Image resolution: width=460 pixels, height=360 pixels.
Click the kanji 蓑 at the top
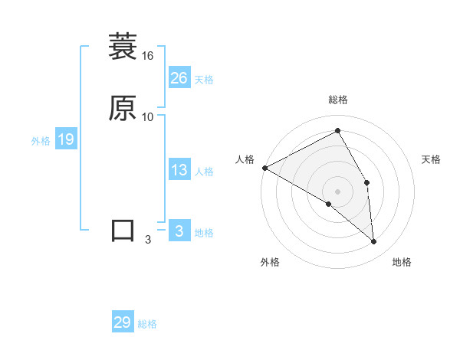click(122, 47)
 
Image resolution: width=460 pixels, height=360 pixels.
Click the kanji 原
click(122, 108)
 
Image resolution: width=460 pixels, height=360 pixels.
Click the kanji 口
click(123, 231)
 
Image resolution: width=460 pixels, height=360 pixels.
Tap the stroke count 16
click(148, 56)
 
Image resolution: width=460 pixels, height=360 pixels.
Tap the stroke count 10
click(148, 117)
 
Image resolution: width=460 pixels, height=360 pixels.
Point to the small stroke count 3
click(148, 240)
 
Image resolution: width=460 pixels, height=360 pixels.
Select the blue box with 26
click(179, 78)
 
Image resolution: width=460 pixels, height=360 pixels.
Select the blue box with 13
click(179, 170)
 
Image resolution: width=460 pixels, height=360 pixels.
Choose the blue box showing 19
click(65, 139)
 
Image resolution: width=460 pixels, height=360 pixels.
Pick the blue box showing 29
click(123, 322)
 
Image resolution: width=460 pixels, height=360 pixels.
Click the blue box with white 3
click(179, 231)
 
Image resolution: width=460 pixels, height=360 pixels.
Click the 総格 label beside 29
click(147, 325)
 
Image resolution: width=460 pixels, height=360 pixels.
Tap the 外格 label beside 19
click(41, 141)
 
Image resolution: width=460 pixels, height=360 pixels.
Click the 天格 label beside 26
click(204, 80)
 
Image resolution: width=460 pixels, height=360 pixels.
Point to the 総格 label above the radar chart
click(338, 100)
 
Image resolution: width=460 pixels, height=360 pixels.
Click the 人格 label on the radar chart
click(245, 159)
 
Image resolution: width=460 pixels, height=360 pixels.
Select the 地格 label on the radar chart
click(402, 262)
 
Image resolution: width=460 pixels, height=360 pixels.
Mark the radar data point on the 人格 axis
click(264, 168)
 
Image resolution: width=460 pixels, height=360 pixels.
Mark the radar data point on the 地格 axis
click(373, 241)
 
